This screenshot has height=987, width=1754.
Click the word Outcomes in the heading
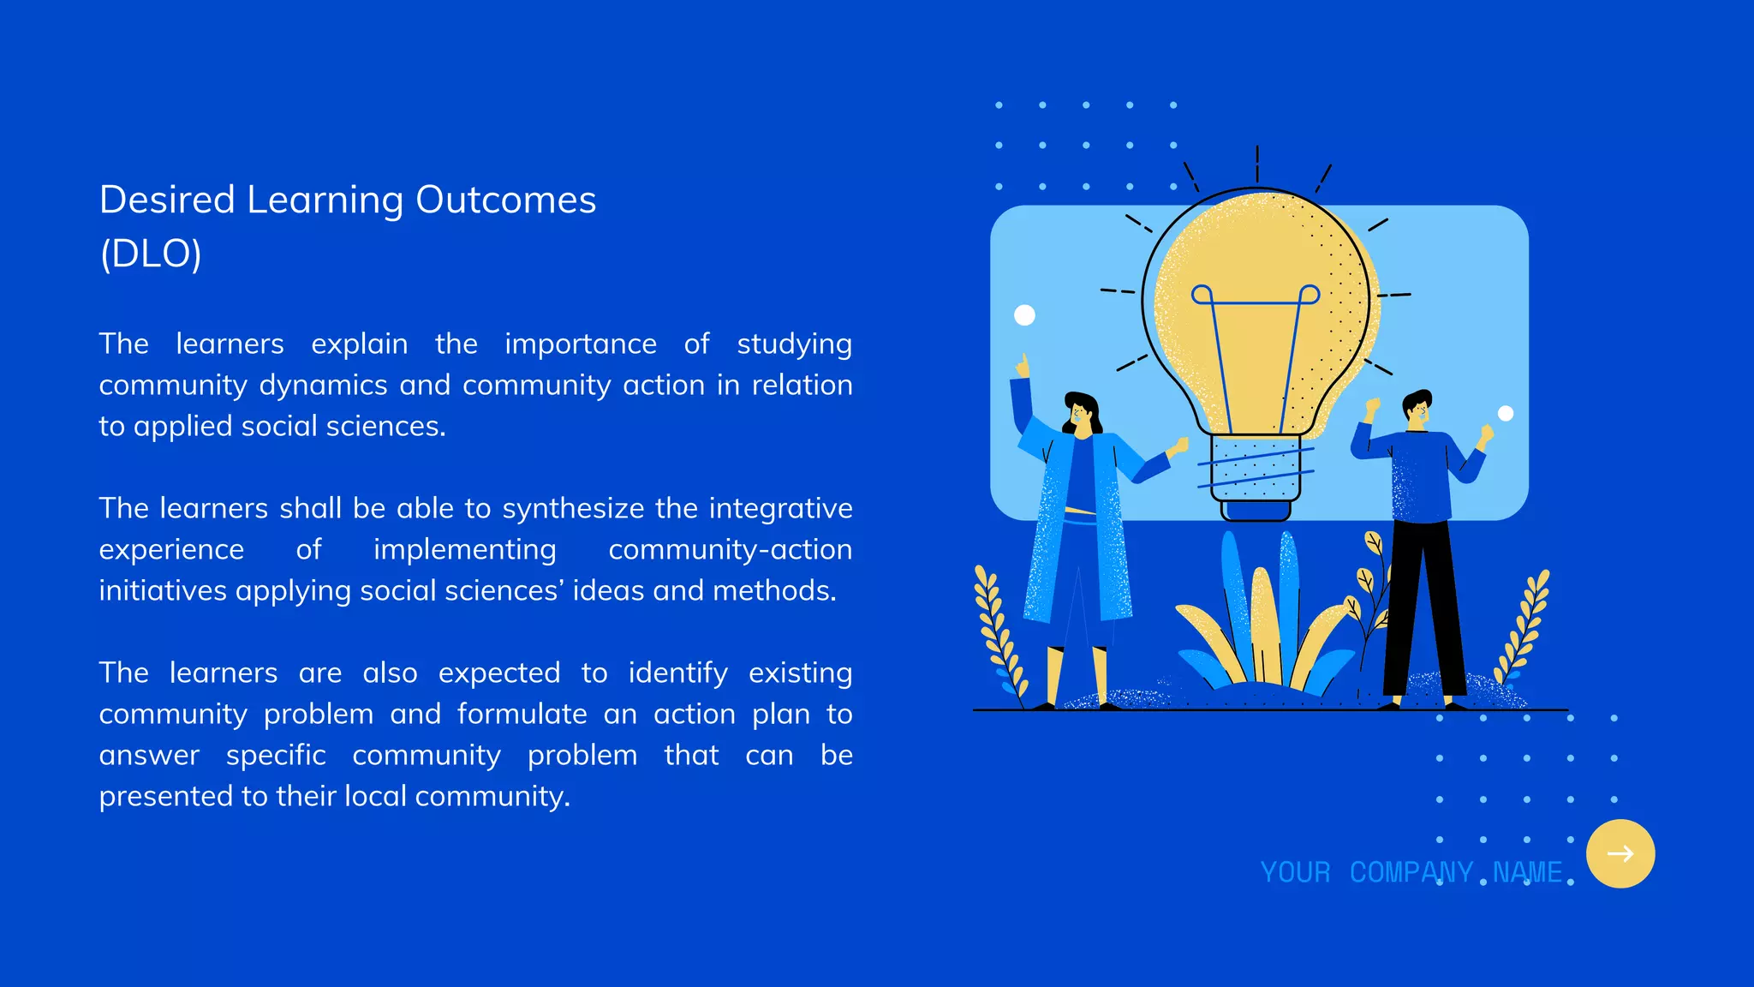505,200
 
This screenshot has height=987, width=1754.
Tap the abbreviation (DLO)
151,254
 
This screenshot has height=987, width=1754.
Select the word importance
580,344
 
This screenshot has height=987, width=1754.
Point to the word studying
794,344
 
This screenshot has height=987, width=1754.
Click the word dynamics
323,386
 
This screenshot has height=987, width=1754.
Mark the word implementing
464,550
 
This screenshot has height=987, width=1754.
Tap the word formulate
522,715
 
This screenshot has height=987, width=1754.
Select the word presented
166,797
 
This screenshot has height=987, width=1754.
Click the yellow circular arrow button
1620,853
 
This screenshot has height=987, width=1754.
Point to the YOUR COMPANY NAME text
1411,872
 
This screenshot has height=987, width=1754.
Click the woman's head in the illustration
1081,413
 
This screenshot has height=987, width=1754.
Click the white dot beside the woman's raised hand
1024,315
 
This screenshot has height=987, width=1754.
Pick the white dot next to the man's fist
1506,414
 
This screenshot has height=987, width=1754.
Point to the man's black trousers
1422,608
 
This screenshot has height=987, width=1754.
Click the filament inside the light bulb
1256,343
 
